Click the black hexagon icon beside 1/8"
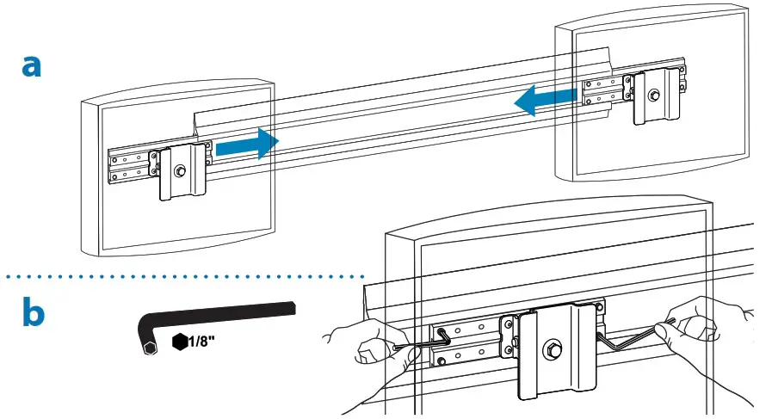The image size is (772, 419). click(180, 342)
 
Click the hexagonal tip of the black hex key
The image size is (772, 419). click(149, 348)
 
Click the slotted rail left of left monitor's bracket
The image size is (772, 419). click(129, 165)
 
